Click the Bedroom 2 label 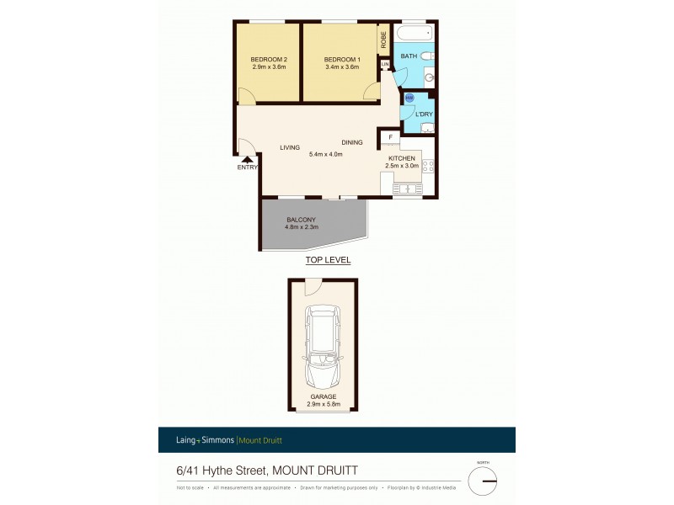269,59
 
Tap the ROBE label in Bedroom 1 383,40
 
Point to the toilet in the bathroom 428,56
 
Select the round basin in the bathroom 429,77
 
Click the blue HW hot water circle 409,98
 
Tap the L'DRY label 425,114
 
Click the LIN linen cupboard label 385,64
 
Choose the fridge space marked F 390,137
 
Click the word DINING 352,142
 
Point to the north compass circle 483,480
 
